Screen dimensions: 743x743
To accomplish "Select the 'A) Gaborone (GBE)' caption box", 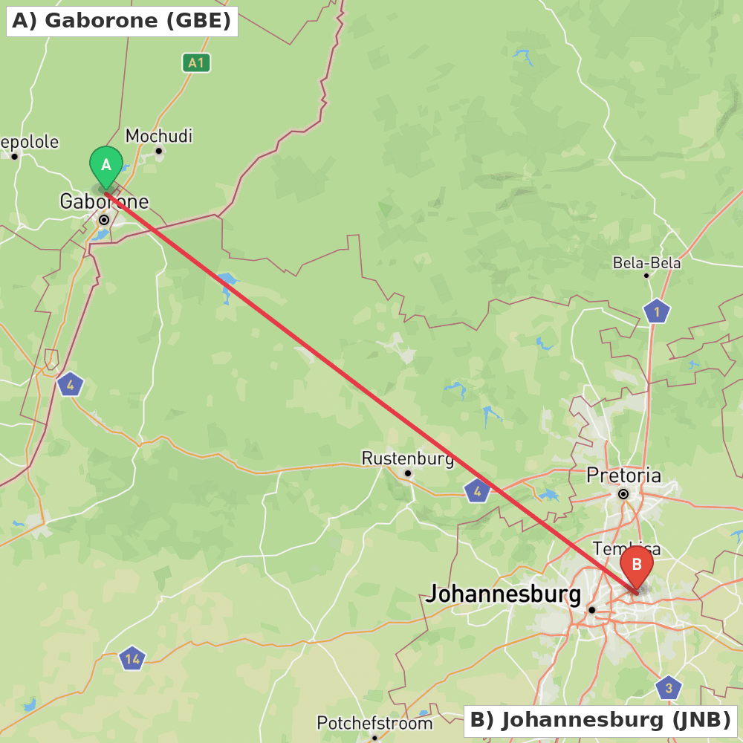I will tap(122, 21).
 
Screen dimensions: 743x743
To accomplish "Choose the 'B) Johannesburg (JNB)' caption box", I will tap(600, 721).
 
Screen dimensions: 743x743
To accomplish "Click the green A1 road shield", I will tap(196, 63).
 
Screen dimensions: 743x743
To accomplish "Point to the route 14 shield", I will tap(132, 658).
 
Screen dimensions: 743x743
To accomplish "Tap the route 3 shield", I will tap(669, 687).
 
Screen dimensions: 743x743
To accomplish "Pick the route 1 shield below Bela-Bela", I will tap(657, 311).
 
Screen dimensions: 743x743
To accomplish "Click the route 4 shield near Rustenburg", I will tap(477, 490).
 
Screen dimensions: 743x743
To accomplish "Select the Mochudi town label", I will tap(159, 136).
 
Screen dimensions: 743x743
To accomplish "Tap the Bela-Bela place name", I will tap(646, 263).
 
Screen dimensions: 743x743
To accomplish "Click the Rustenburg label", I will tap(407, 458).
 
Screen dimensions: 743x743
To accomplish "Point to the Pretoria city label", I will tap(623, 475).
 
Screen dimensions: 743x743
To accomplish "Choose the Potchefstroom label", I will tap(374, 723).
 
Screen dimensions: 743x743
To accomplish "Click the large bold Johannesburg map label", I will tap(504, 594).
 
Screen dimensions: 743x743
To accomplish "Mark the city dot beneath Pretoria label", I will tap(623, 494).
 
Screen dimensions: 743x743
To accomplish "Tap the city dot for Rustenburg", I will tap(408, 473).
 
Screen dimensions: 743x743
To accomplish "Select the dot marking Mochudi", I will tap(158, 151).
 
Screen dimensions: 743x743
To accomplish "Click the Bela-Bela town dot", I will tap(646, 276).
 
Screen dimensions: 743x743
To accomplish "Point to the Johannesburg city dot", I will tap(592, 610).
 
